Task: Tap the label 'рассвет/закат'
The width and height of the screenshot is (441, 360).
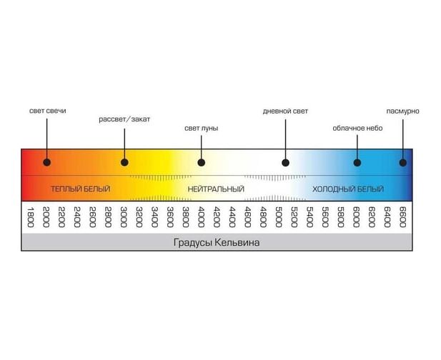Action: click(124, 119)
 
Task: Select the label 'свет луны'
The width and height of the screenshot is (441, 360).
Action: click(201, 128)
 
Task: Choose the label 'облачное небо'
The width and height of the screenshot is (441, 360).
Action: click(357, 128)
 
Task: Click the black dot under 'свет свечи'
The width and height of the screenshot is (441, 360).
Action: click(47, 162)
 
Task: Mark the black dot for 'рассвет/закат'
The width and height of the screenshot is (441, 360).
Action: click(124, 162)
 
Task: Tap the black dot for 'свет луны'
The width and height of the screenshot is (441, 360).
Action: click(201, 162)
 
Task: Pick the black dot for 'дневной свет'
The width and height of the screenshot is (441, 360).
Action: click(285, 162)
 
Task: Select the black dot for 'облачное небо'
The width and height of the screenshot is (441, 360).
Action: click(357, 162)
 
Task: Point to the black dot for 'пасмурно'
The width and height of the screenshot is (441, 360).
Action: click(402, 162)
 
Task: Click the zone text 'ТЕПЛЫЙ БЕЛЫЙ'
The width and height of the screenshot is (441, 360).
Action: click(80, 189)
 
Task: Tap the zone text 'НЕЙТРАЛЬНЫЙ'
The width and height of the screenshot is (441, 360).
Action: click(216, 189)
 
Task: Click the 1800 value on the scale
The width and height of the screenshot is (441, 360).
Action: click(30, 216)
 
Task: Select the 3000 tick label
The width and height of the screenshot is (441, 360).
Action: click(123, 216)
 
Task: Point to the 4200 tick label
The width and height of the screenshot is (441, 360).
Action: click(216, 216)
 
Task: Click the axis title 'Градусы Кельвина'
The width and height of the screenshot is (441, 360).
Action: click(216, 242)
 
